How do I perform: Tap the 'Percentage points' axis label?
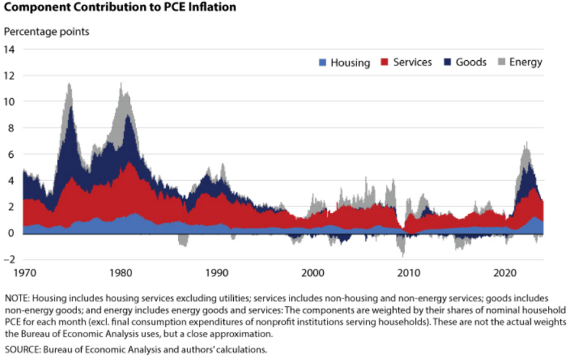(47, 32)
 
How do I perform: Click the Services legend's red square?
(385, 62)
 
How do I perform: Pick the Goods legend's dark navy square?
(448, 62)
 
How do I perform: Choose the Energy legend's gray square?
(501, 62)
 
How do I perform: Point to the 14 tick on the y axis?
(9, 49)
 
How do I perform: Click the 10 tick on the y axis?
(9, 101)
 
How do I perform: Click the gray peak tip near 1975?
(70, 84)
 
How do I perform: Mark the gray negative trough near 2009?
(403, 255)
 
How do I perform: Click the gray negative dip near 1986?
(182, 244)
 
